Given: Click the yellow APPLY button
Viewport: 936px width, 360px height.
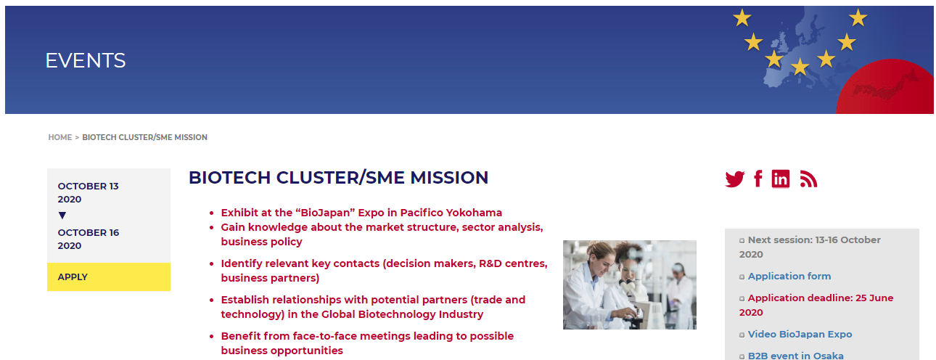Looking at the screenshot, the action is [x=109, y=277].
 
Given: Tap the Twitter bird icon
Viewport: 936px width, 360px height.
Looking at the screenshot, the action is [x=734, y=179].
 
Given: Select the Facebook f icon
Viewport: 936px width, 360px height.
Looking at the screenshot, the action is [x=758, y=179].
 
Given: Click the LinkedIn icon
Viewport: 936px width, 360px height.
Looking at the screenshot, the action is [x=781, y=179].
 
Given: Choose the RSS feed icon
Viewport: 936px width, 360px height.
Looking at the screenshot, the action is [x=808, y=179].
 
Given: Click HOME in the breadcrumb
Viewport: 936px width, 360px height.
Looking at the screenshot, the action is [x=59, y=137].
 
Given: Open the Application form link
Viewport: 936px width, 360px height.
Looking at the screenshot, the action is [x=789, y=276].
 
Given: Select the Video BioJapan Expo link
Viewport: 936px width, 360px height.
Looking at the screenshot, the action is [x=800, y=334].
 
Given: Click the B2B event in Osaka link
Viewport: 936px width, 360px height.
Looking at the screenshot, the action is [x=795, y=356].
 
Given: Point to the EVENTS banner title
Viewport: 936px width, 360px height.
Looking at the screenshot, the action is [x=85, y=61].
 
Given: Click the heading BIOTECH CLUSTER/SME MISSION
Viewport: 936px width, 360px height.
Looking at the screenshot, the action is [x=338, y=177].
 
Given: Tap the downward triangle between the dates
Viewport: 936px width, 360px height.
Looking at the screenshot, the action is [x=62, y=216].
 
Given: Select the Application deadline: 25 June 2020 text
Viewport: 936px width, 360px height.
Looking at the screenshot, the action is [x=816, y=305].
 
